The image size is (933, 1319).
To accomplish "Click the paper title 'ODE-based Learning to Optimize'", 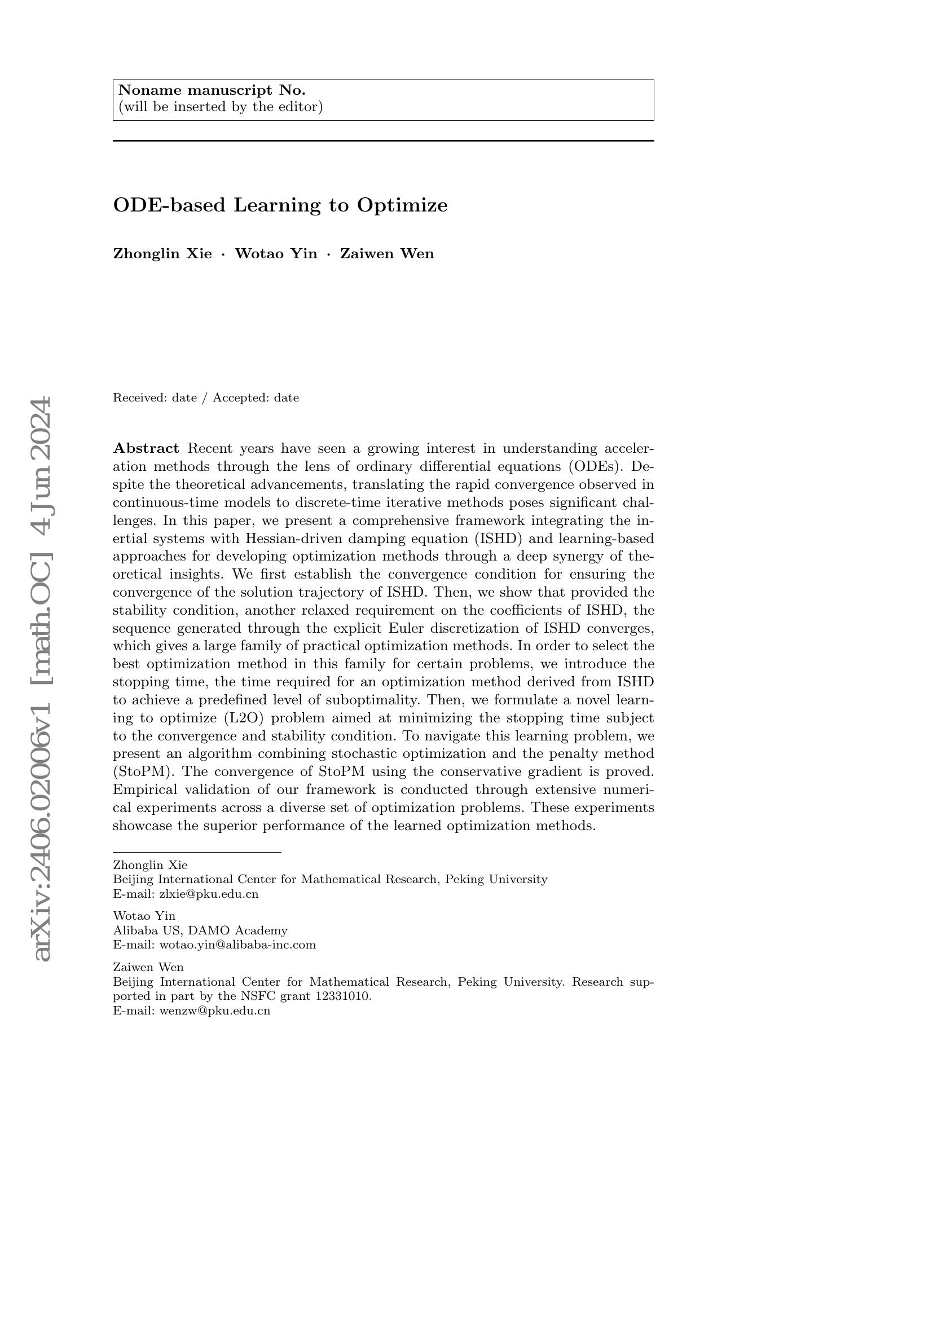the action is [x=280, y=205].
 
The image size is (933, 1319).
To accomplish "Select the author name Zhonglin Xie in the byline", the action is [x=162, y=254].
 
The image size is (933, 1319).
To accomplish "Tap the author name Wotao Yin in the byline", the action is [x=276, y=254].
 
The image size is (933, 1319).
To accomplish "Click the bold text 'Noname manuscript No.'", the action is [x=212, y=90].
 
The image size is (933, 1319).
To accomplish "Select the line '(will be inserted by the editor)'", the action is [x=220, y=107].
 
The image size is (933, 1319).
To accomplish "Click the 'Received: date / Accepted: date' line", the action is [x=206, y=398].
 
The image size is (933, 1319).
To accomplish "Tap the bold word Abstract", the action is [x=146, y=448].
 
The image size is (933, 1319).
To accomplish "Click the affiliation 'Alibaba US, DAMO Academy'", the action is [x=200, y=930].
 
